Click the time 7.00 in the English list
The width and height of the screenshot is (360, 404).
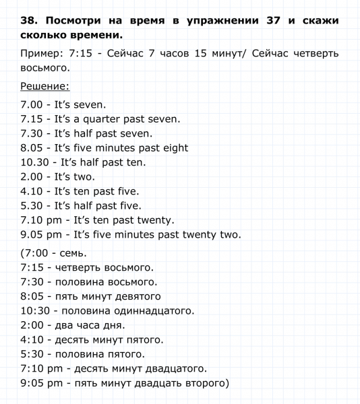coord(32,105)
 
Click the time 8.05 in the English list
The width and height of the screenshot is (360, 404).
coord(32,147)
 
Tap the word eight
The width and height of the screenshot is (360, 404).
coord(173,147)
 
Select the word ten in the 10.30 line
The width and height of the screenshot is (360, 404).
coord(137,162)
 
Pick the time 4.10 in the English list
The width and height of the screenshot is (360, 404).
coord(32,191)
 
